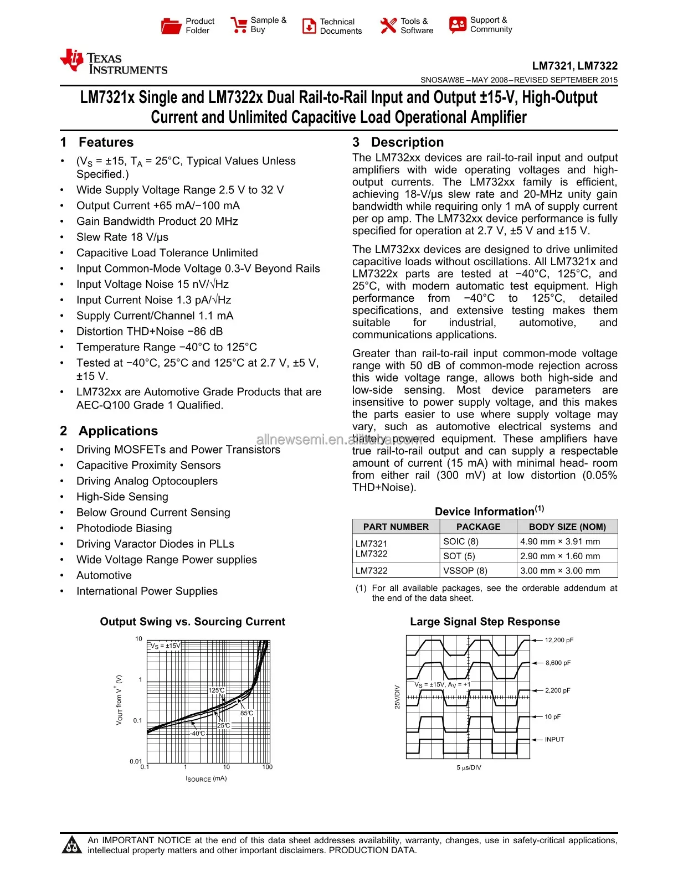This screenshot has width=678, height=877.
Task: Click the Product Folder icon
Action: pos(171,25)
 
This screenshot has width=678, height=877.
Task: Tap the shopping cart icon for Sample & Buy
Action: pos(239,25)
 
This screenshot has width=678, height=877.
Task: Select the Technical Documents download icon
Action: pos(309,26)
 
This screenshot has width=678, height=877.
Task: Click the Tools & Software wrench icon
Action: pos(388,25)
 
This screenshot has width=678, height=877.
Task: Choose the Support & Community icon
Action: pos(458,24)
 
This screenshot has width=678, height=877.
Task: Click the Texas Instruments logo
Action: pos(114,62)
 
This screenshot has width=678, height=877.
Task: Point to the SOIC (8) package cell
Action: pos(461,541)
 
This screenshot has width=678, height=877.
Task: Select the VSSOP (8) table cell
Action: pos(465,571)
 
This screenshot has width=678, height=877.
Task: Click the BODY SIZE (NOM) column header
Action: pos(567,527)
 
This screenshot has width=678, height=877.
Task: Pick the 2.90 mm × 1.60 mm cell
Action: pos(560,556)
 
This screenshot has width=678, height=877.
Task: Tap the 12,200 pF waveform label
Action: pos(559,640)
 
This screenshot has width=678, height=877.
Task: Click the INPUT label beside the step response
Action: pos(554,740)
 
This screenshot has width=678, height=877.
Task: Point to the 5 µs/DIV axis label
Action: pos(469,768)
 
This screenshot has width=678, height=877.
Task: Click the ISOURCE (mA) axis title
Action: pos(206,779)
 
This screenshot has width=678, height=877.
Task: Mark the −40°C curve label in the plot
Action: pos(198,734)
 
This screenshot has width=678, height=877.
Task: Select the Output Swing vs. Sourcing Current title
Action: pos(192,622)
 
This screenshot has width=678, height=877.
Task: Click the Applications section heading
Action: pos(118,431)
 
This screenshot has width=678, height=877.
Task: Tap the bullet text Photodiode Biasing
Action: pos(124,528)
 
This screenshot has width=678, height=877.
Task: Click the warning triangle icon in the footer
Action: pos(71,845)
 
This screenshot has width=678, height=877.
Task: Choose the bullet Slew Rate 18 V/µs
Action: pos(122,237)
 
